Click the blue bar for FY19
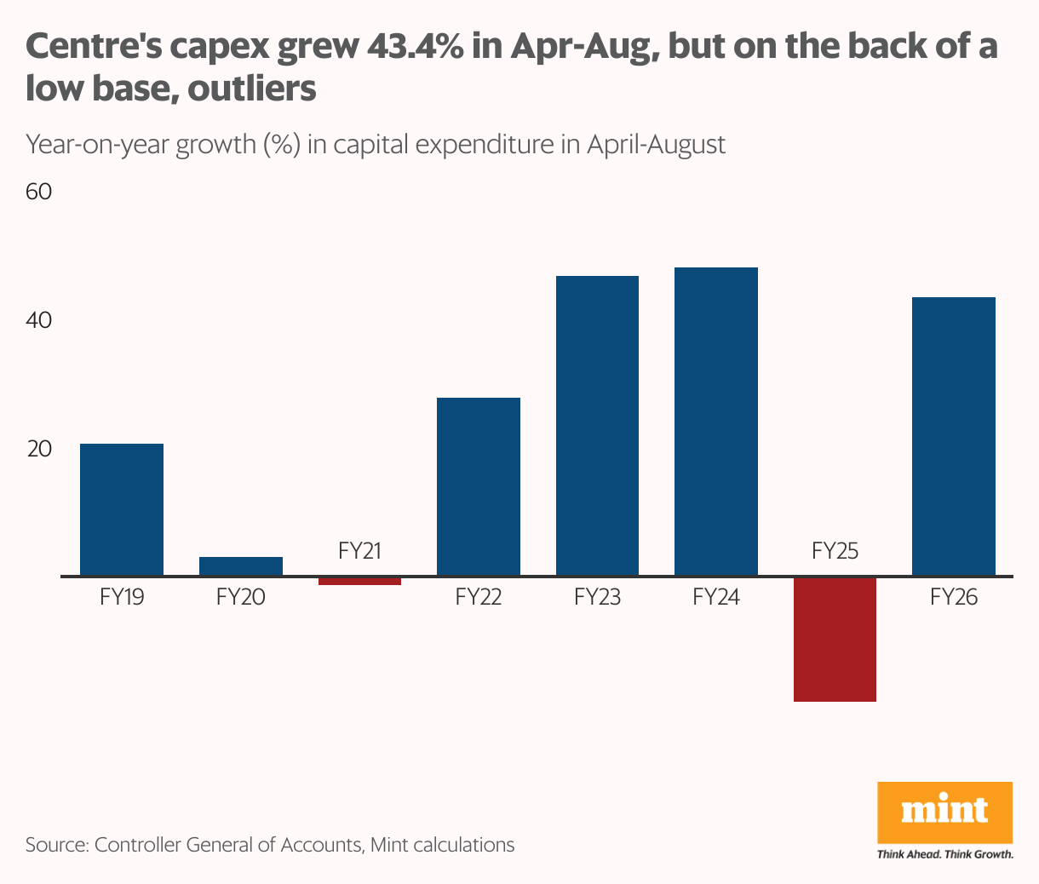122,509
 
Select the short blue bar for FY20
241,566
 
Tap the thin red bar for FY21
359,581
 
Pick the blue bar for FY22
478,486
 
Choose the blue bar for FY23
597,426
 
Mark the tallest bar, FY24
715,422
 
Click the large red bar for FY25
835,639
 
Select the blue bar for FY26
953,436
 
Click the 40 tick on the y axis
39,321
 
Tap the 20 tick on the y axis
39,449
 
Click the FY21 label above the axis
359,551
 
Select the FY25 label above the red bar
835,551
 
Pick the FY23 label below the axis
597,597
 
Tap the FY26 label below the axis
953,597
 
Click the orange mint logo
944,812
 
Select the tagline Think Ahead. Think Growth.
944,854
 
